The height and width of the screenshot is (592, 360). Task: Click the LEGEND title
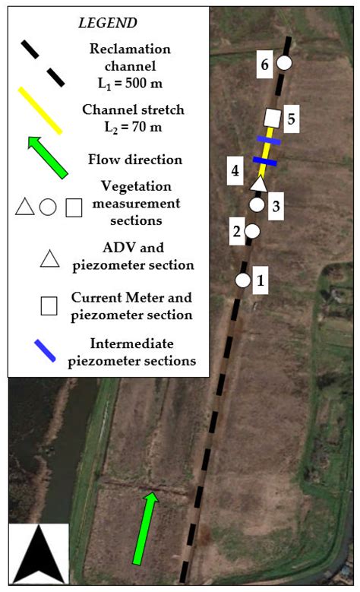pyautogui.click(x=107, y=23)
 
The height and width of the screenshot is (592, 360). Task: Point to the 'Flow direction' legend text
pyautogui.click(x=135, y=160)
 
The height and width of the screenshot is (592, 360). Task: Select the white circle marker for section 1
pyautogui.click(x=242, y=280)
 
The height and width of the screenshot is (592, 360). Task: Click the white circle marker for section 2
pyautogui.click(x=252, y=230)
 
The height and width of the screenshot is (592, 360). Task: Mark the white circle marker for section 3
pyautogui.click(x=257, y=204)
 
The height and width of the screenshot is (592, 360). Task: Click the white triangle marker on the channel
pyautogui.click(x=259, y=183)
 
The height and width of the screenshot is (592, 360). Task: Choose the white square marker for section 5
pyautogui.click(x=271, y=118)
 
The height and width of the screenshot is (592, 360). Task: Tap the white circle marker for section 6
pyautogui.click(x=284, y=63)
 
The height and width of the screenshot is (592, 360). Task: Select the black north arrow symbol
pyautogui.click(x=39, y=553)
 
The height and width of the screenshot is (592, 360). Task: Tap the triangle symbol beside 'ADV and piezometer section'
pyautogui.click(x=49, y=258)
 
